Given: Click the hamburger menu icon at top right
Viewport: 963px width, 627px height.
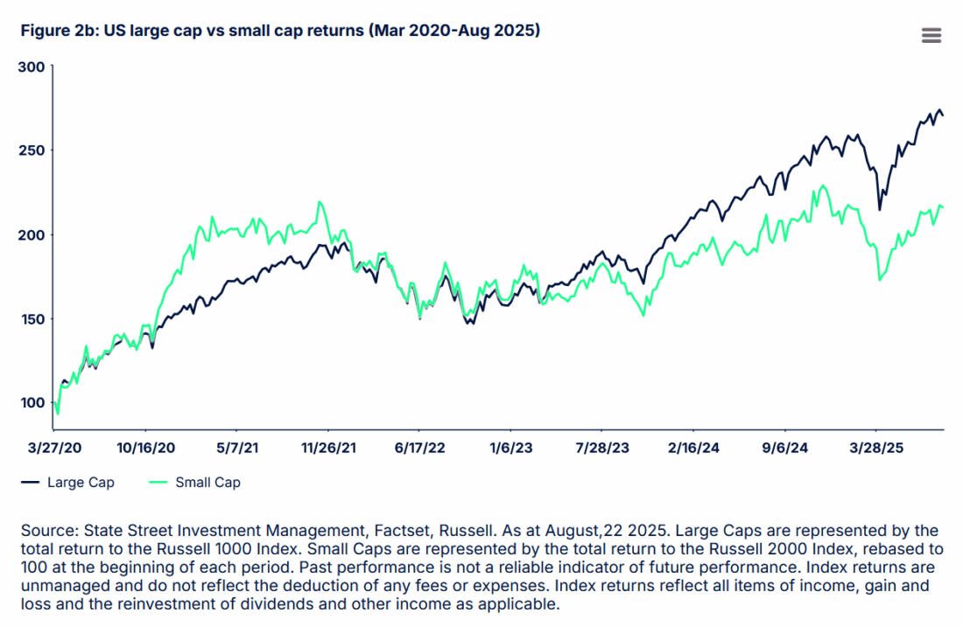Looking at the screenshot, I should point(931,35).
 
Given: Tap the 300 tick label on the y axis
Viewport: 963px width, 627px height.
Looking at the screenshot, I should point(31,66).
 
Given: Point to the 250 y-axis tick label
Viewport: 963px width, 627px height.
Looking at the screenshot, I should point(31,150).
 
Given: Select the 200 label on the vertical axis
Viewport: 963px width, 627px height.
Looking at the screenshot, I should point(31,234).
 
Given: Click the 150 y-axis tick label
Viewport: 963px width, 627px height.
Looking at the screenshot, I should point(31,318).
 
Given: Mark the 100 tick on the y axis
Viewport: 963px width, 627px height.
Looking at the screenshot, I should point(31,402).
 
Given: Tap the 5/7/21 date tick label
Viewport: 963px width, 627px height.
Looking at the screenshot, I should point(236,448).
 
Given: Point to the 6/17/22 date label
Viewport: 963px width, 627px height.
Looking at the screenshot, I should point(419,448).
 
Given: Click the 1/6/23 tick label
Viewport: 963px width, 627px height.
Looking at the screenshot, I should point(510,448).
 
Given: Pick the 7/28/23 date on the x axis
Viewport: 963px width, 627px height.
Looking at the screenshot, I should point(602,448).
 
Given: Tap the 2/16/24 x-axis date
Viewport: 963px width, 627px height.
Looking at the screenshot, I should point(693,448).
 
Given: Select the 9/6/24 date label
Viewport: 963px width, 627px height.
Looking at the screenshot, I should point(785,448).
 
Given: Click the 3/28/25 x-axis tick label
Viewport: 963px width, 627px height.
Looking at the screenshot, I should point(876,448).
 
